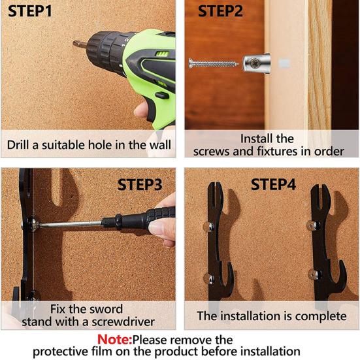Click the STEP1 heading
30,11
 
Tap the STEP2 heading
220,11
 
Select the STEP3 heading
140,185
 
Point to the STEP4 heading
273,184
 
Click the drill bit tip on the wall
74,43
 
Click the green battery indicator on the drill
161,54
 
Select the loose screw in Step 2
213,63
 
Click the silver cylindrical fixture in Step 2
256,62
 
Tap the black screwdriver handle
139,219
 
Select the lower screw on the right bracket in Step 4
314,274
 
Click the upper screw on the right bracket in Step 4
314,225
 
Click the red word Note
114,339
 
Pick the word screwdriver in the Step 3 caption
123,322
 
